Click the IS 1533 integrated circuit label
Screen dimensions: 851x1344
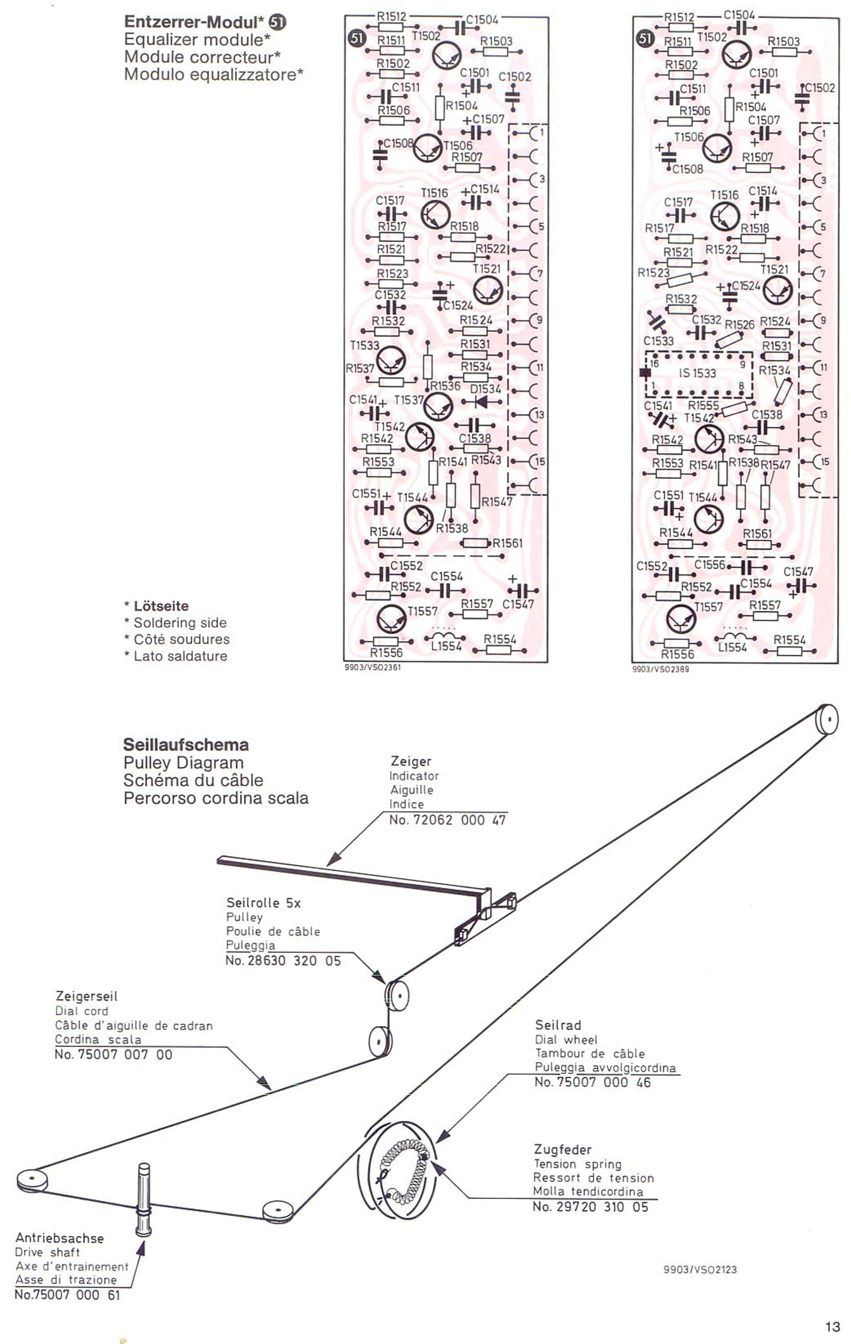click(x=697, y=373)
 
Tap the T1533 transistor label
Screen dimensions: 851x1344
click(x=364, y=346)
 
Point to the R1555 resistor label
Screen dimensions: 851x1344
click(x=703, y=406)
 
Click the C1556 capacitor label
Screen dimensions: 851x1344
click(x=709, y=565)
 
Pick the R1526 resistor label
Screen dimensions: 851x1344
click(x=739, y=324)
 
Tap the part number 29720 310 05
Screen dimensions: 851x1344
click(x=590, y=1207)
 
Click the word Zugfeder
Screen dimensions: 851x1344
click(x=562, y=1150)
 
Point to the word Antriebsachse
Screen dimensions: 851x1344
click(x=60, y=1238)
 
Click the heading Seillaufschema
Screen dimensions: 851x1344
click(x=186, y=745)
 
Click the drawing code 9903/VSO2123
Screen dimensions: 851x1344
click(x=700, y=1269)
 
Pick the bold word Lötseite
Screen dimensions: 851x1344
click(x=161, y=606)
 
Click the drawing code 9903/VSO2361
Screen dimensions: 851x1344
click(x=373, y=667)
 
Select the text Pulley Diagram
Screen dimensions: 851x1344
click(x=183, y=762)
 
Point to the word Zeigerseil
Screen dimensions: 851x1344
click(x=86, y=996)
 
